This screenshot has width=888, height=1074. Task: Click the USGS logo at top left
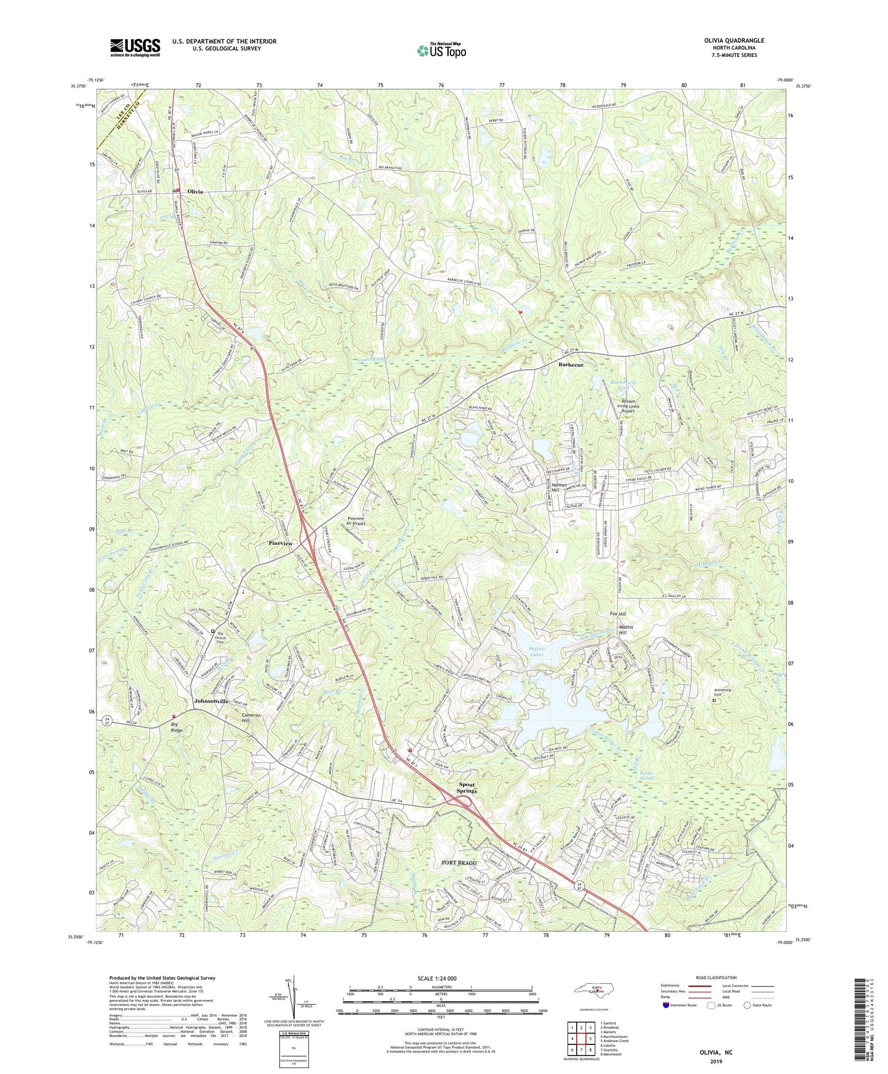(x=135, y=47)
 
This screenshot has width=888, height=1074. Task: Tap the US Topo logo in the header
(x=441, y=50)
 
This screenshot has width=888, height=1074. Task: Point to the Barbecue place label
(x=571, y=365)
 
